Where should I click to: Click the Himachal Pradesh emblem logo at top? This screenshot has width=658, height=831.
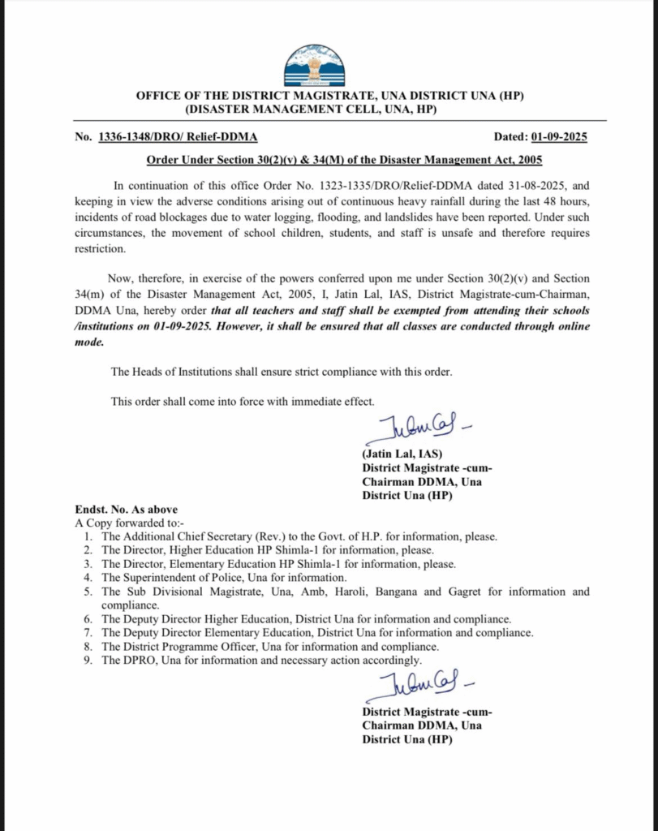click(313, 66)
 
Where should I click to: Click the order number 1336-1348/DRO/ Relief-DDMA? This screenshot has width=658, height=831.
click(178, 137)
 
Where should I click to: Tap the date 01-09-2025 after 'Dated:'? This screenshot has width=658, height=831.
click(559, 137)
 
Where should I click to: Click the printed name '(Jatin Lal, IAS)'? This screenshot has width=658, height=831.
click(402, 454)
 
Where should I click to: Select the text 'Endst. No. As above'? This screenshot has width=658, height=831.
click(126, 510)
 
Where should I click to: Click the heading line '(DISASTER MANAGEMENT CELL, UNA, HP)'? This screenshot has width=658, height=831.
click(314, 109)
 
